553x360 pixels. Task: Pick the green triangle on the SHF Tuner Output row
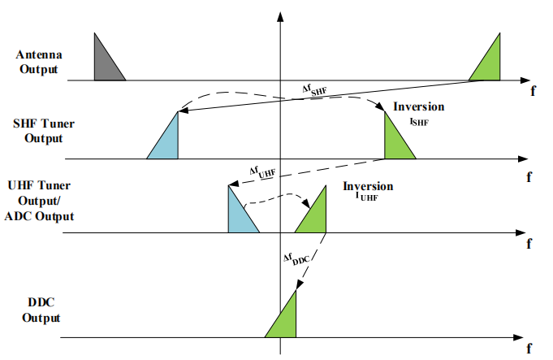click(395, 141)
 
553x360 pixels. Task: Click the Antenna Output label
click(37, 62)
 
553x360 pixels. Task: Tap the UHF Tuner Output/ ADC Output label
click(41, 202)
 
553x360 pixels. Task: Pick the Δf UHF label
click(262, 172)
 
